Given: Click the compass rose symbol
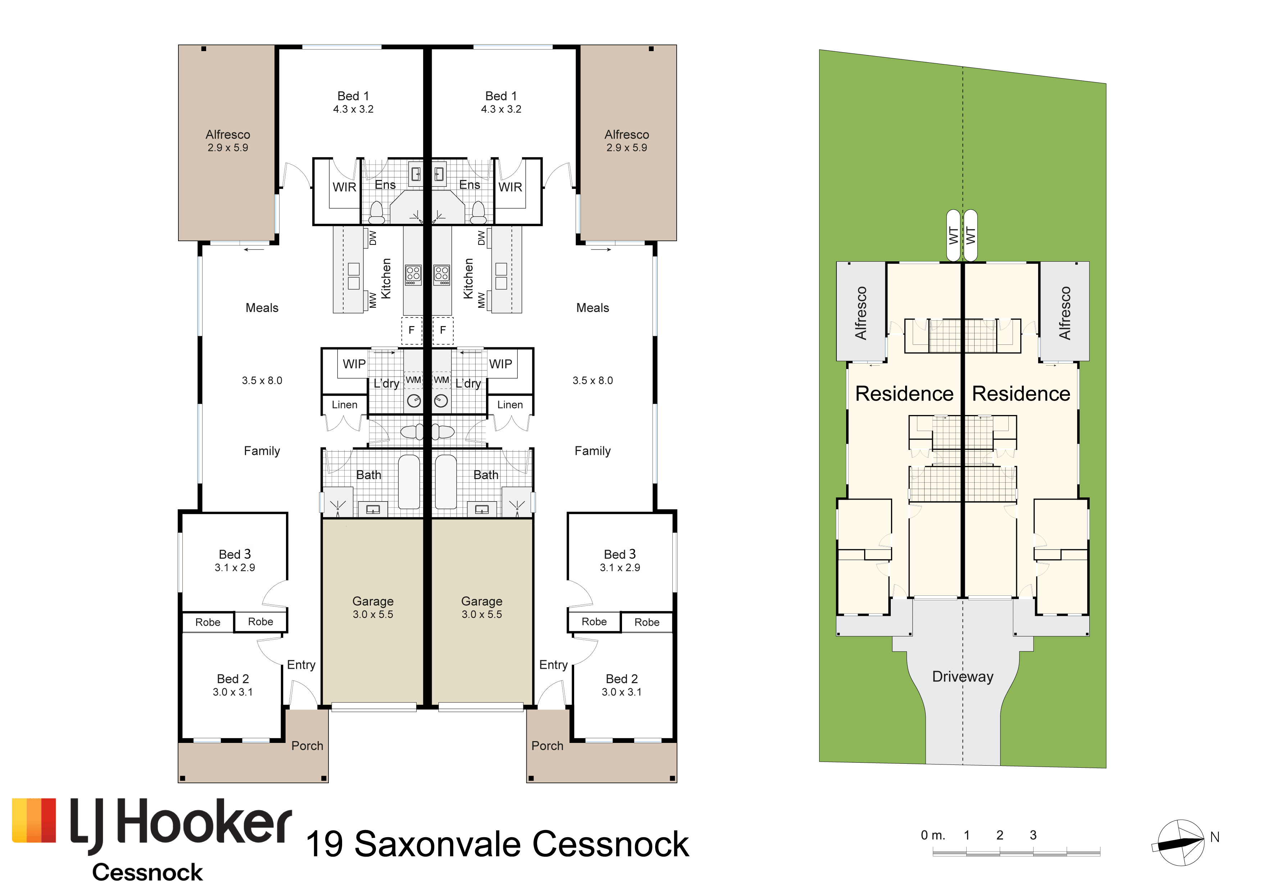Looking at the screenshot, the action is point(1180,843).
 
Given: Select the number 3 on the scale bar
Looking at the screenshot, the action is point(1033,835).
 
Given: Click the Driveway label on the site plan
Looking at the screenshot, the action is point(963,677).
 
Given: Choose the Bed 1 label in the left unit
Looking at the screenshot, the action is point(353,96).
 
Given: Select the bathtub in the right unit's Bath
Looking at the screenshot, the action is point(446,482).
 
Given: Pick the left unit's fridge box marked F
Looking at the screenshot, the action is point(412,330).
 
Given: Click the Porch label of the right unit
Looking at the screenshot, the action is point(548,746).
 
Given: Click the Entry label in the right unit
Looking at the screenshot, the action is point(554,666).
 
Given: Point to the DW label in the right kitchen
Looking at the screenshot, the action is point(481,238).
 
